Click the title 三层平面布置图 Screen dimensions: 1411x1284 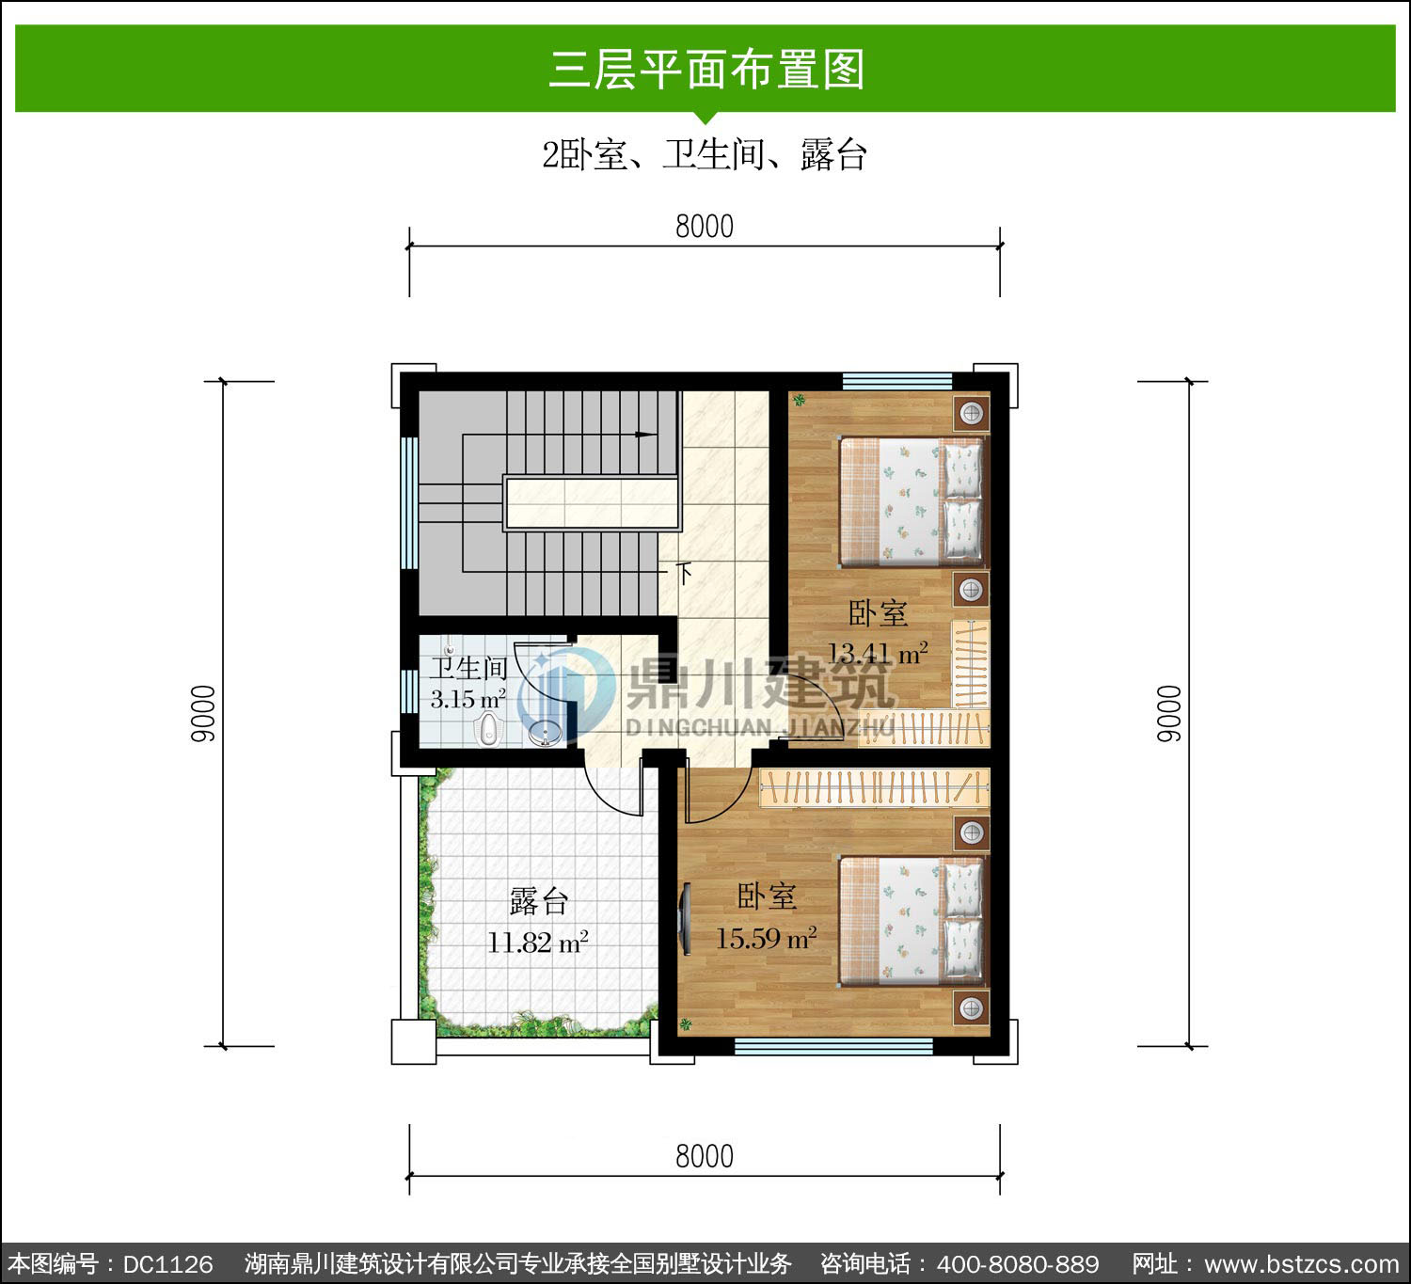click(706, 70)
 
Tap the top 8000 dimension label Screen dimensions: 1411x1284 click(705, 227)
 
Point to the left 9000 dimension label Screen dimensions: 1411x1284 click(203, 713)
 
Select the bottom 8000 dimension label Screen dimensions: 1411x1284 click(705, 1157)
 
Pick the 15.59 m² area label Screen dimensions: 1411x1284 click(766, 938)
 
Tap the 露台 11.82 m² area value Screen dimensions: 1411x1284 click(538, 942)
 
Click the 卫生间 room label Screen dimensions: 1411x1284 click(468, 668)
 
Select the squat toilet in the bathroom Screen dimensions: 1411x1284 click(487, 729)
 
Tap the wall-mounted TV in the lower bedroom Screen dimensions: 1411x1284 click(685, 919)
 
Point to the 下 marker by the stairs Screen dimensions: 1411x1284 click(685, 574)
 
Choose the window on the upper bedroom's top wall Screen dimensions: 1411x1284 click(896, 381)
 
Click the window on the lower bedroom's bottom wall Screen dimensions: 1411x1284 click(833, 1046)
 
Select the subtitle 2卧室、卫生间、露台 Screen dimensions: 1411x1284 click(705, 154)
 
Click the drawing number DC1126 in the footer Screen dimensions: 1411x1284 click(167, 1263)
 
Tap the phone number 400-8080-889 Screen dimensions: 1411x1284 click(1017, 1263)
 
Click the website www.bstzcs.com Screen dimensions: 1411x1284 click(1301, 1263)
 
